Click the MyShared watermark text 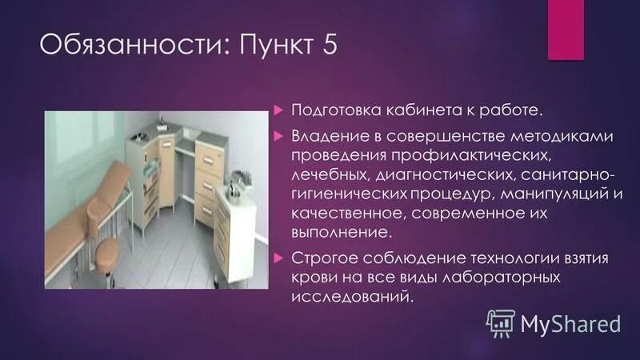(x=571, y=324)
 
